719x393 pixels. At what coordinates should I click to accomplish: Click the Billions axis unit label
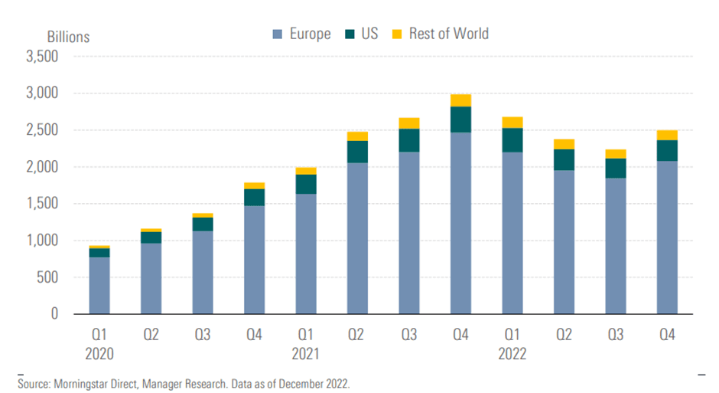click(68, 37)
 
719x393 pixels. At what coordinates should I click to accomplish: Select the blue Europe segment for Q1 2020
click(99, 285)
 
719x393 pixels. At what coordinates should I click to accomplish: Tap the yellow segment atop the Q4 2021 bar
click(460, 100)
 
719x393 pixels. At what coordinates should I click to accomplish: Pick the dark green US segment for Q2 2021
click(357, 152)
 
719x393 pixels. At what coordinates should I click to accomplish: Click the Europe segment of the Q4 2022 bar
click(666, 237)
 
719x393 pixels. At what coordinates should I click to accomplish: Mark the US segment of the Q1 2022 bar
click(512, 140)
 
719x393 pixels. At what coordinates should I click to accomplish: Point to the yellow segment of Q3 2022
click(615, 154)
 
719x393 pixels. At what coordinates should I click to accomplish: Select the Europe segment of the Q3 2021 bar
click(409, 233)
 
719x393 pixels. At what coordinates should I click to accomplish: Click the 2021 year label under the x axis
click(306, 355)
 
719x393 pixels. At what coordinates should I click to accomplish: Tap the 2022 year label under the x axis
click(512, 355)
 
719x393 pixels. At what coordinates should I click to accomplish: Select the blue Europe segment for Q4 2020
click(254, 260)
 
